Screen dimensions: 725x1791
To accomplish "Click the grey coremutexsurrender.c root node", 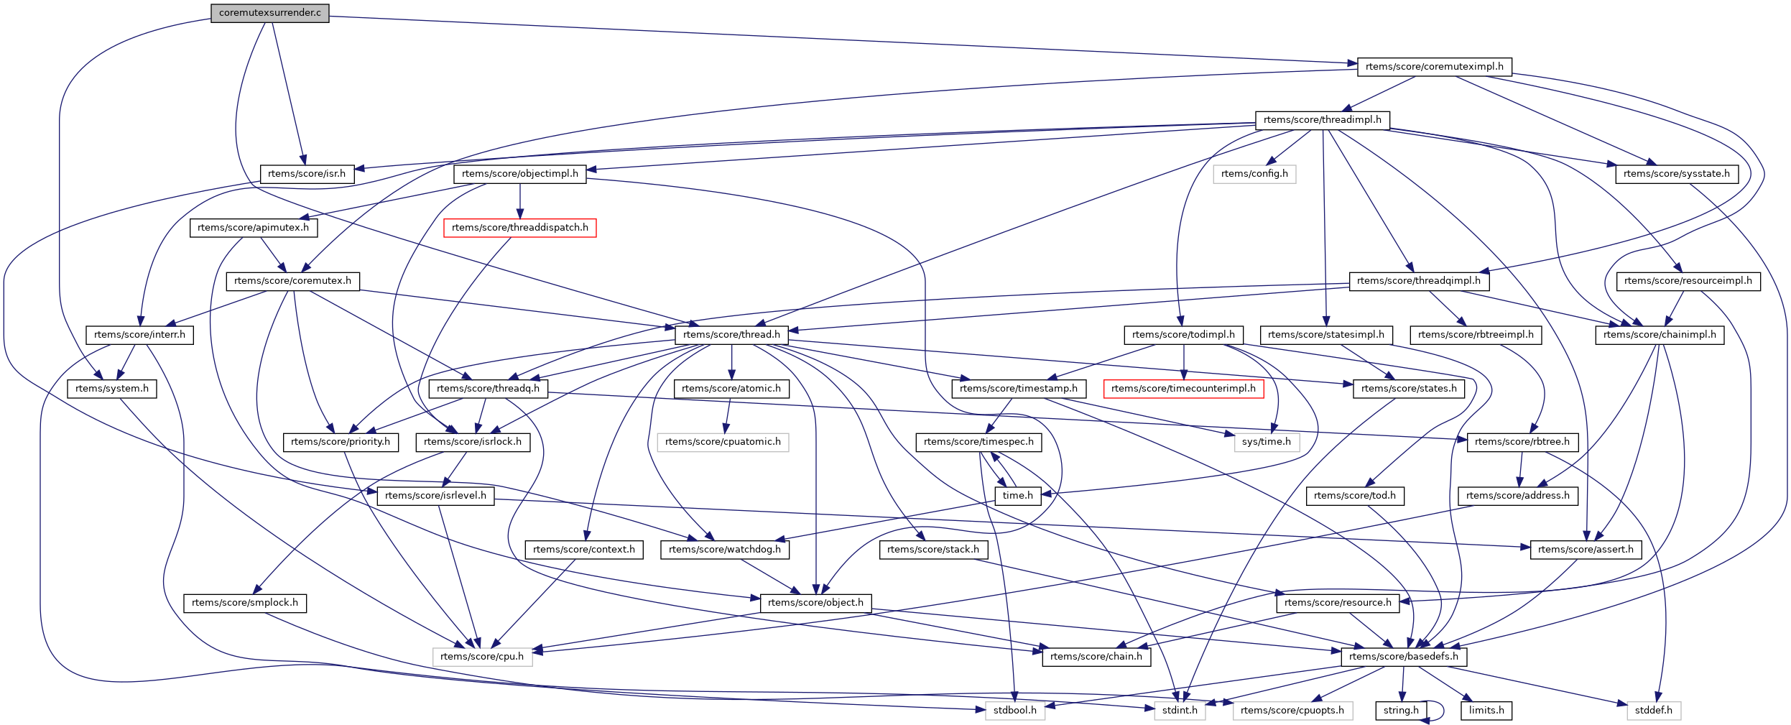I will tap(269, 13).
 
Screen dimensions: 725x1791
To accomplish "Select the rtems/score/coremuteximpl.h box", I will tap(1434, 67).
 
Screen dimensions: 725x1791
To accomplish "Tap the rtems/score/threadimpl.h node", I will tap(1322, 120).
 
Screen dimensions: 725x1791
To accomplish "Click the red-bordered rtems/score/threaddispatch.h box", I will tap(519, 228).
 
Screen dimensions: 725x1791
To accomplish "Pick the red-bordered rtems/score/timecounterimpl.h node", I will tap(1183, 389).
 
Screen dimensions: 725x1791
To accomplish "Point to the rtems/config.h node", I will tap(1254, 174).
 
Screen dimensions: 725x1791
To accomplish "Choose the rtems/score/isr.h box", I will tap(306, 174).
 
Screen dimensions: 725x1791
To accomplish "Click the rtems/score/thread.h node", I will tap(731, 335).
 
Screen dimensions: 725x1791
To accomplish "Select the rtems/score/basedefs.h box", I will tap(1403, 657).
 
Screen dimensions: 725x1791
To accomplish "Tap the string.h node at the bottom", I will tap(1401, 711).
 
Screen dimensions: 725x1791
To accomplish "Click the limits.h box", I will tap(1486, 711).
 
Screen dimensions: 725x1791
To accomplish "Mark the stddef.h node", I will tap(1653, 711).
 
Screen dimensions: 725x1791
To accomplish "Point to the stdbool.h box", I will tap(1014, 711).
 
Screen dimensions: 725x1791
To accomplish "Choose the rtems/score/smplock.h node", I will tap(244, 603).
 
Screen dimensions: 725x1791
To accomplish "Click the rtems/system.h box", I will tap(111, 389).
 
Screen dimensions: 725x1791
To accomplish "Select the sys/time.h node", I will tap(1266, 442).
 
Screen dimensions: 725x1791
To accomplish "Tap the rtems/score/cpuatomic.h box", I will tap(722, 442).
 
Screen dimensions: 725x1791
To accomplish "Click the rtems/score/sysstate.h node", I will tap(1676, 174).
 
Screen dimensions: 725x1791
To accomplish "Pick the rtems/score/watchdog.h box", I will tap(724, 550).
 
